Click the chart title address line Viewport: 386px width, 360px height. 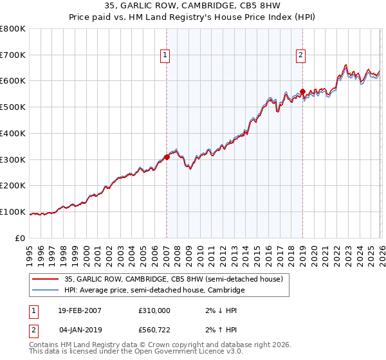tap(193, 6)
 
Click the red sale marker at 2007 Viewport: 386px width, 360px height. tap(167, 156)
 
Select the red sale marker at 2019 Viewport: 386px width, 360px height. tap(302, 91)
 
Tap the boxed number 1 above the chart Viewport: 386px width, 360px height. tap(166, 56)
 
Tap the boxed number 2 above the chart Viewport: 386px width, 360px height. tap(300, 56)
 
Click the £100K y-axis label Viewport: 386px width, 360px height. tap(13, 212)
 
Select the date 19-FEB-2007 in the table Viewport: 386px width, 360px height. tap(80, 310)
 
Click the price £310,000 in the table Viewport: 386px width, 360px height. tap(154, 310)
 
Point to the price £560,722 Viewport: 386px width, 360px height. tap(154, 330)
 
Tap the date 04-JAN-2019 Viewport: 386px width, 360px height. tap(80, 330)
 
